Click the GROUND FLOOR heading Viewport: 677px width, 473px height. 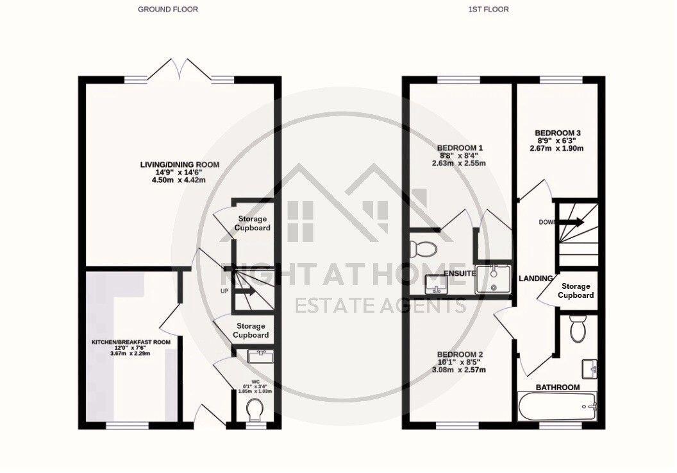click(x=168, y=10)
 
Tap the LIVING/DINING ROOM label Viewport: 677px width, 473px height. click(x=180, y=165)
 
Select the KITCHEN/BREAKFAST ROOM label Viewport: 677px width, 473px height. click(x=131, y=342)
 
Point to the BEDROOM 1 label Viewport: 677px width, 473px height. click(x=461, y=148)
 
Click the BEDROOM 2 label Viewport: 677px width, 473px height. click(x=460, y=355)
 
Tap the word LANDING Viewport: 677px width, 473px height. click(x=536, y=279)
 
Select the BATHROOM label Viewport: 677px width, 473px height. click(x=558, y=387)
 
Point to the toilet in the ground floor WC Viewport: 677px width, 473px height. click(x=255, y=408)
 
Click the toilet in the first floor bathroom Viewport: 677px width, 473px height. click(x=578, y=331)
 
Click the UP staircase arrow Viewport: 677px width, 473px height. click(x=247, y=291)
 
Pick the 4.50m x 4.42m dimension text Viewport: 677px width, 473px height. click(x=180, y=180)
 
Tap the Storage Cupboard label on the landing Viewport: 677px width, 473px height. click(x=575, y=291)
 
